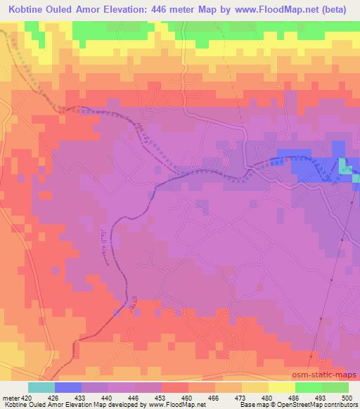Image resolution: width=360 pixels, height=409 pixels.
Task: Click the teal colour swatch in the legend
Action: [41, 387]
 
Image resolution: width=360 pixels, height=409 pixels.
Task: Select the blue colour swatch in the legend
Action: [68, 387]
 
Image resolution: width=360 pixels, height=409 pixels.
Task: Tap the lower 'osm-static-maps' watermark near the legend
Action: [328, 375]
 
